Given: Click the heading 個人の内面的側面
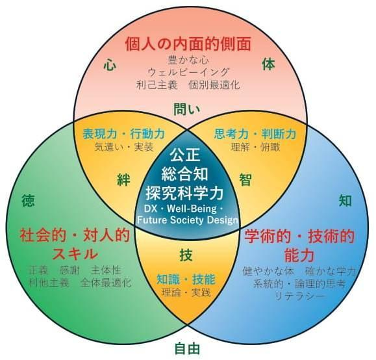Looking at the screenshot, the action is pos(188,44).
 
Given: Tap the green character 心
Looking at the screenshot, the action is pos(110,65).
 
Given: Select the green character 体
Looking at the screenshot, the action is pos(268,64).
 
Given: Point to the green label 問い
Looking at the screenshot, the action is pos(186,109).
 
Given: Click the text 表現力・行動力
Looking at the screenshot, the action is pos(124,134).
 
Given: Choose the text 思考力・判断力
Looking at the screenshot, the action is pos(255,134).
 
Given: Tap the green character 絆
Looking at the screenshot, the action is pos(123,180).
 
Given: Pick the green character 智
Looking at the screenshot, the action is pos(245,180).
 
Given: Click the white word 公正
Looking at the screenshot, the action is pos(185,155).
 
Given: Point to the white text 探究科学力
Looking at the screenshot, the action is pos(185,193).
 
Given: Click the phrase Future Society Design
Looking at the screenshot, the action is pos(188,220).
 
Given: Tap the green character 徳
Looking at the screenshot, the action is pos(28,201).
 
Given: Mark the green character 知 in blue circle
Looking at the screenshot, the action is pos(345,201).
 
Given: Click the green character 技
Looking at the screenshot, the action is pos(186,255).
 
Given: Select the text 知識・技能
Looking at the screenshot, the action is pos(186,279).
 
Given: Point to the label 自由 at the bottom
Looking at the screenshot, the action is pos(187,349).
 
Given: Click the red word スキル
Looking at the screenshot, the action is pos(75,253).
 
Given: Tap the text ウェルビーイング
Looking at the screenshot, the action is pos(188,72).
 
